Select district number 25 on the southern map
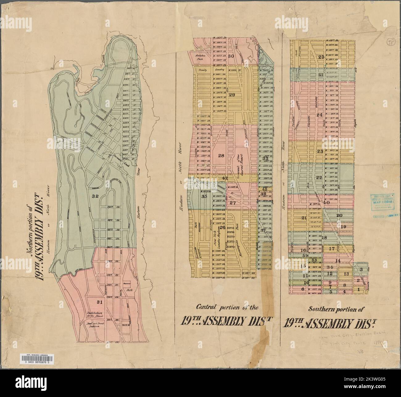coord(321,57)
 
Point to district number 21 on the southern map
coord(304,218)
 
